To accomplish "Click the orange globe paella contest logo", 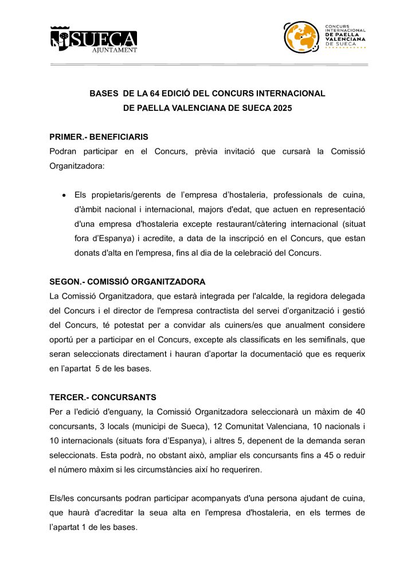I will coord(301,37).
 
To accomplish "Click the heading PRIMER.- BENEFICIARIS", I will coord(99,137).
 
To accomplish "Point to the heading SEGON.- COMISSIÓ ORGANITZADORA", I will coord(127,281).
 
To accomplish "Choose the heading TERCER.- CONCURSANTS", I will coord(103,397).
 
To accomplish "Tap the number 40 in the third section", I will coord(360,412).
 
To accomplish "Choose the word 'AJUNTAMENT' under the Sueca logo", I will coord(115,49).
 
